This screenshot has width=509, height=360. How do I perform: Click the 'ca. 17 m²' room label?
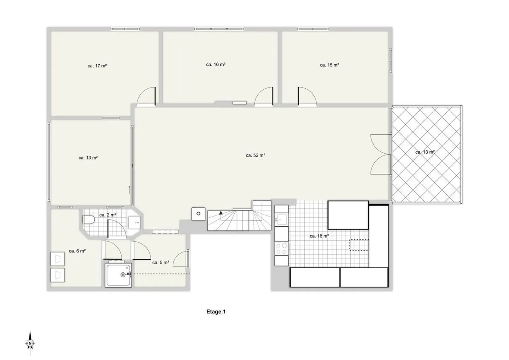(x=97, y=66)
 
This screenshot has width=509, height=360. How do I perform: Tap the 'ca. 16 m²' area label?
(x=216, y=65)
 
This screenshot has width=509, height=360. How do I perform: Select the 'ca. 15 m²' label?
(x=329, y=65)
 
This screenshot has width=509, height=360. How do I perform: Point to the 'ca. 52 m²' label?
(x=255, y=155)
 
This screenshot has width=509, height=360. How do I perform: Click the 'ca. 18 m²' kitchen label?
(x=319, y=236)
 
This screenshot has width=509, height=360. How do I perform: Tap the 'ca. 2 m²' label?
(x=107, y=215)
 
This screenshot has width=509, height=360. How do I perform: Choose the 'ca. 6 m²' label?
(x=77, y=251)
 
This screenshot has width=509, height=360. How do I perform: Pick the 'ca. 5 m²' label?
(x=160, y=262)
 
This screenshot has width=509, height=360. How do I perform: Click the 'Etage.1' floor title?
(x=216, y=312)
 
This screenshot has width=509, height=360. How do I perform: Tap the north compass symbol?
(x=30, y=343)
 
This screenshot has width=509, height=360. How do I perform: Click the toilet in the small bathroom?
(x=88, y=220)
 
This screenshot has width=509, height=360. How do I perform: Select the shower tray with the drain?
(x=118, y=275)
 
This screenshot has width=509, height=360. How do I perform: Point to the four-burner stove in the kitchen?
(x=281, y=248)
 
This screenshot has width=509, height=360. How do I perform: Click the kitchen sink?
(x=281, y=219)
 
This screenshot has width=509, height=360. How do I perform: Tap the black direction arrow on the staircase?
(x=221, y=213)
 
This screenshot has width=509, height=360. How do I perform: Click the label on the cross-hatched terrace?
(x=425, y=152)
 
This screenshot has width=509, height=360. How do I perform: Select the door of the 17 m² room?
(x=146, y=96)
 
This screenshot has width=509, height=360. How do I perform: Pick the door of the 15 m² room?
(x=307, y=96)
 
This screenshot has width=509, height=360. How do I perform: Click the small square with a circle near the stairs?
(x=198, y=213)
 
